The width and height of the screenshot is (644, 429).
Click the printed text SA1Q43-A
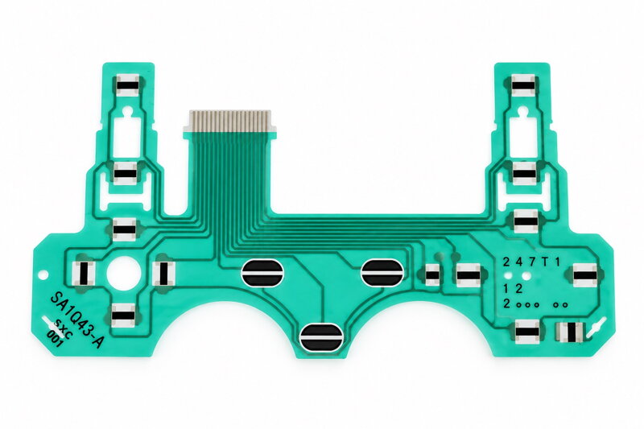pos(76,320)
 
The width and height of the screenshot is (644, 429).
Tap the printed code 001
pos(54,338)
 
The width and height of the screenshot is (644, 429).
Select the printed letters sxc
pos(64,329)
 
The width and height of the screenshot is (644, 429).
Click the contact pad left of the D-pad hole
pos(84,274)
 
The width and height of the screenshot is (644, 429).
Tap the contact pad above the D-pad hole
pos(125,229)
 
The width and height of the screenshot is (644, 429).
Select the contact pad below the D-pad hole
pos(124,316)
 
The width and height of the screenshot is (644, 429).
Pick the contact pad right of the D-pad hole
pos(163,274)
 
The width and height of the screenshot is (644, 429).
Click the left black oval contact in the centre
pos(262,273)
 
